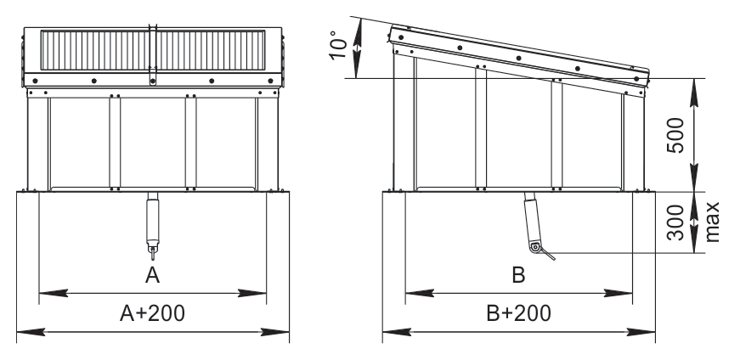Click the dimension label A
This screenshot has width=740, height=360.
(x=152, y=275)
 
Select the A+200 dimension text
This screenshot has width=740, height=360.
(x=152, y=312)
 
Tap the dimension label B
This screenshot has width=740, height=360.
(x=518, y=275)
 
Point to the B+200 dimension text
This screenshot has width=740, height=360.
(x=518, y=312)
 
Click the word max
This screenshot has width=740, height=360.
(x=712, y=222)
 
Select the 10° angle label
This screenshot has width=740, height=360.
(x=338, y=45)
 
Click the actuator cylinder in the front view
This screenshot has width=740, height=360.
(x=152, y=222)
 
